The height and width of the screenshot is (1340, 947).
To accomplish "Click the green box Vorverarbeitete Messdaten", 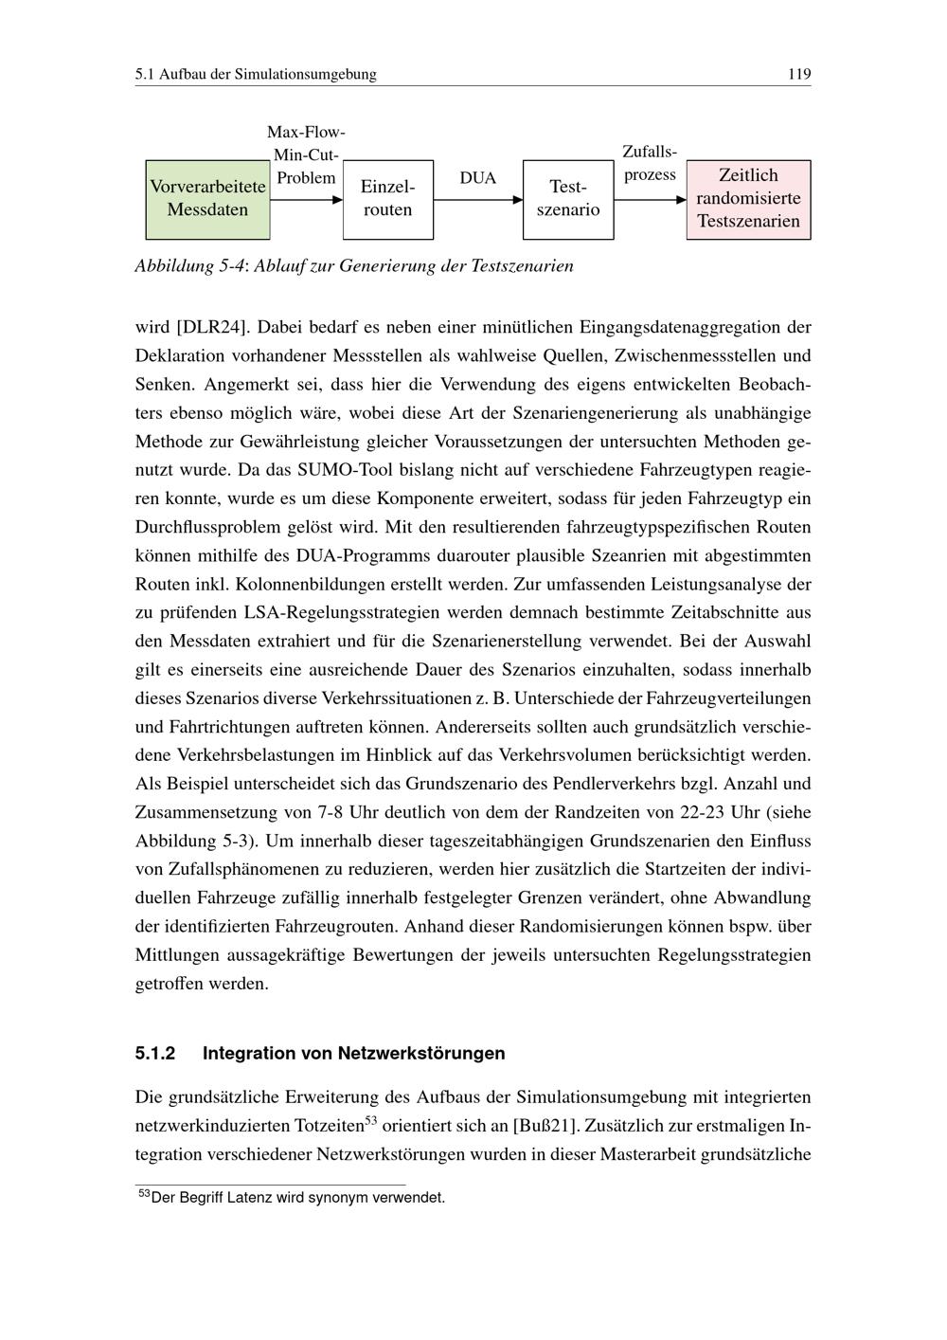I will point(207,199).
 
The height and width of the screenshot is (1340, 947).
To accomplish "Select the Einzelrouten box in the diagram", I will point(387,199).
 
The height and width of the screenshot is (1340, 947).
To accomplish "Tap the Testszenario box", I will point(568,199).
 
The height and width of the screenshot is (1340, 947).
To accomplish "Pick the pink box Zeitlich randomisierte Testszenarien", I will point(748,199).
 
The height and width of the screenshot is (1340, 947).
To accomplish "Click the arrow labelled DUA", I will point(478,200).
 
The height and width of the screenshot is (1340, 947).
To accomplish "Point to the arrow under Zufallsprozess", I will point(650,200).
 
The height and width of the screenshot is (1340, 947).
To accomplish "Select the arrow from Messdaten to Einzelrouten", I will point(306,200).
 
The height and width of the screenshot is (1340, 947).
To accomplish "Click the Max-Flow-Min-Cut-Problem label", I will point(305,154).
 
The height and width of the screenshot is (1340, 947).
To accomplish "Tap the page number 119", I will point(799,74).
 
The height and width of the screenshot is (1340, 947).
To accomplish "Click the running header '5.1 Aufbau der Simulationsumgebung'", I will point(256,74).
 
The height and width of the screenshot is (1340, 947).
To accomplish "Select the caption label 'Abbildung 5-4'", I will point(188,265).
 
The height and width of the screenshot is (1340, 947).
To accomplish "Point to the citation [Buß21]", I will point(545,1126).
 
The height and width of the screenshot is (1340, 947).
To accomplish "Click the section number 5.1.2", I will point(155,1053).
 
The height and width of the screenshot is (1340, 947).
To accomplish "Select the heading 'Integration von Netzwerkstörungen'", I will point(353,1053).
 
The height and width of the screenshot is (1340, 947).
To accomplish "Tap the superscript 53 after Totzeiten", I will point(371,1121).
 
